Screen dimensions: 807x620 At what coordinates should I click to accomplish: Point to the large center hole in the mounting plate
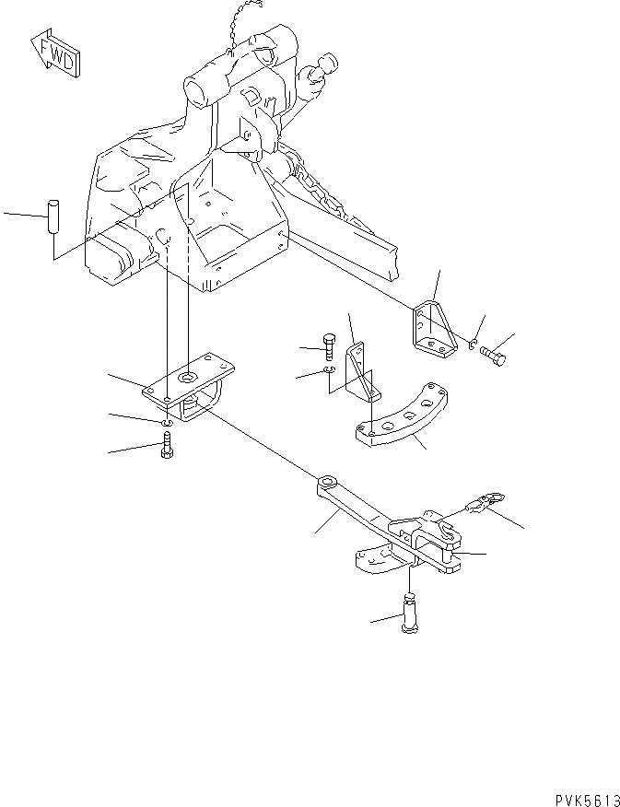[188, 377]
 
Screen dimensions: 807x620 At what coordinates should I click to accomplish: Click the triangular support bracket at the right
[433, 327]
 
